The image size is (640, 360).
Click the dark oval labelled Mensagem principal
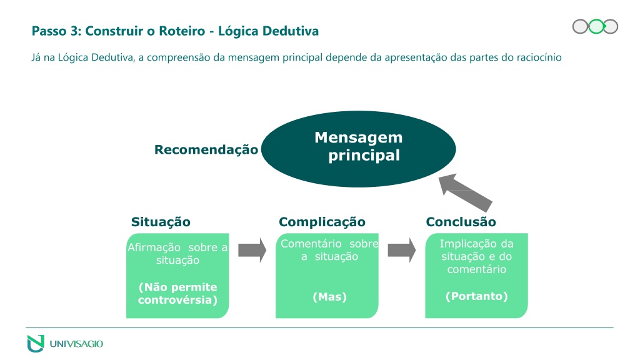358,149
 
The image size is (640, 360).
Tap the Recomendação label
206,150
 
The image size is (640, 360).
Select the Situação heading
161,222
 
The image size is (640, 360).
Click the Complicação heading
322,222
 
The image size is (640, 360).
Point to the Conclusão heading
461,222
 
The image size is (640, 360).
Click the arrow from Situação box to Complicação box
252,250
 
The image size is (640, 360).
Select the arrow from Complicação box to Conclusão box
402,250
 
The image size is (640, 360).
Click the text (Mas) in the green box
330,297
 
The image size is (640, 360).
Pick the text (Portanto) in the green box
477,296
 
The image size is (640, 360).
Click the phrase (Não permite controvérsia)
177,294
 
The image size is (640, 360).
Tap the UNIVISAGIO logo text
76,344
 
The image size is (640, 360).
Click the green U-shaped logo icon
36,343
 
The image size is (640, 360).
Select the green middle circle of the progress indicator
596,26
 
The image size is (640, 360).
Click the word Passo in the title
49,31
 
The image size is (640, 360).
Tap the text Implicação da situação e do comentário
477,256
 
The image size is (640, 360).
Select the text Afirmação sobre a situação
177,254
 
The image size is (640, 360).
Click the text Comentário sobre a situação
329,250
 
